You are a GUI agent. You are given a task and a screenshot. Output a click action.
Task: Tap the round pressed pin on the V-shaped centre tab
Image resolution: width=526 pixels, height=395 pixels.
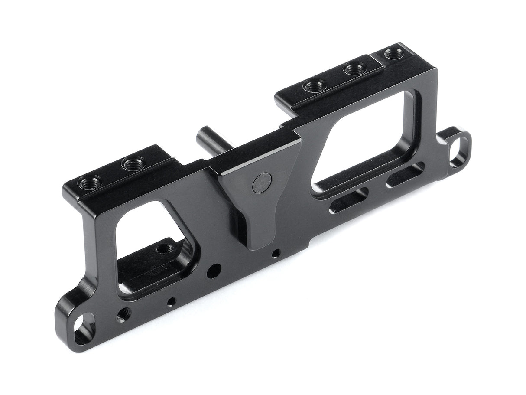click(261, 182)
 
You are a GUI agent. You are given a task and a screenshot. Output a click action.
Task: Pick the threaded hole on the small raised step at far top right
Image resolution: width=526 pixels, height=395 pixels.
click(393, 54)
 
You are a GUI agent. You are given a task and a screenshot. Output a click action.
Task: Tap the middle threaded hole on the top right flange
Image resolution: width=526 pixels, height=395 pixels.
click(354, 69)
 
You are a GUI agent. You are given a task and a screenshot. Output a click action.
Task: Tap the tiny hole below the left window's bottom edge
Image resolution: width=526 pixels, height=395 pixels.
click(173, 300)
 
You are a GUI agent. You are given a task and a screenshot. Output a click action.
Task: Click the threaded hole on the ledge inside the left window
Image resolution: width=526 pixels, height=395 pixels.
click(163, 249)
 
